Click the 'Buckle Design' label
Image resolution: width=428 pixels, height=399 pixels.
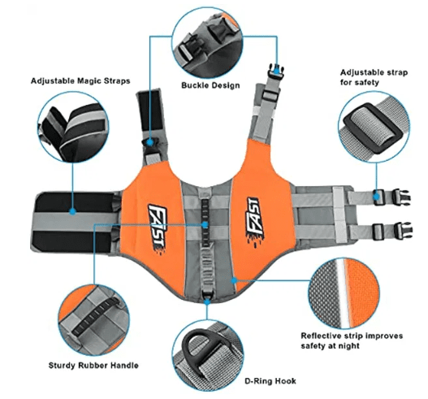210,85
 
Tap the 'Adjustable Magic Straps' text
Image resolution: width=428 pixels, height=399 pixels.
80,80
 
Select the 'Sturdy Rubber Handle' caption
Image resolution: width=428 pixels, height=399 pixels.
93,365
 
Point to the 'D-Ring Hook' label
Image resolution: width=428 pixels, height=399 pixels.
270,380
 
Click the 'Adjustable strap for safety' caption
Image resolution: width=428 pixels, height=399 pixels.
374,77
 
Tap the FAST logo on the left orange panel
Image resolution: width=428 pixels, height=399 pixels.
158,229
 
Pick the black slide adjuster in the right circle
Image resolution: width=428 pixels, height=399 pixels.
374,128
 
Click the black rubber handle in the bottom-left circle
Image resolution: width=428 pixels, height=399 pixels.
95,316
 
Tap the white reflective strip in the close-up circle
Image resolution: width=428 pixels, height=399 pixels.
342,293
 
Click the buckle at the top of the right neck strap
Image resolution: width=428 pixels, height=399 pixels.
276,71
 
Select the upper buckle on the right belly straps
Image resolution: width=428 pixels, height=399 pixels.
401,197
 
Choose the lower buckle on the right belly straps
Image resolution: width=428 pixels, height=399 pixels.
403,231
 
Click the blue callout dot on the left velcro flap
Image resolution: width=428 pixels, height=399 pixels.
72,211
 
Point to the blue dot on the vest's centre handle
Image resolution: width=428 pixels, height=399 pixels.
205,225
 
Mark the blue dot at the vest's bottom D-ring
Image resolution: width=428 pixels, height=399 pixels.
207,301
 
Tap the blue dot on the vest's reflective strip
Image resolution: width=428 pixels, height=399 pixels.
234,280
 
